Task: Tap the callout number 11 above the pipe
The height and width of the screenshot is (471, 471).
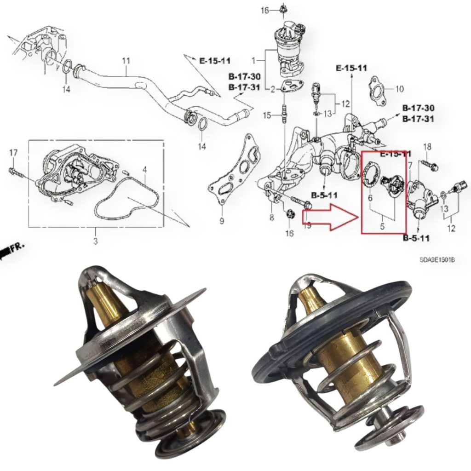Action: tap(126, 61)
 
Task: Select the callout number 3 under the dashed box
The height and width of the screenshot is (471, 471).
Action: tap(96, 241)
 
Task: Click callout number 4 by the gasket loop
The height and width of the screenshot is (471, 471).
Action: tap(144, 170)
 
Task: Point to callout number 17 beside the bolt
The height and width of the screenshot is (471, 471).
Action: tap(13, 152)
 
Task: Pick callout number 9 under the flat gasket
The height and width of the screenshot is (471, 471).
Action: tap(221, 221)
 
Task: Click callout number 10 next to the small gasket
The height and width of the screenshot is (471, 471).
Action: tap(399, 89)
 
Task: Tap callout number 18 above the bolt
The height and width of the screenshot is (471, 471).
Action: tap(427, 147)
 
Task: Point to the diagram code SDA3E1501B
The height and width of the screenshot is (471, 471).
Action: tap(437, 259)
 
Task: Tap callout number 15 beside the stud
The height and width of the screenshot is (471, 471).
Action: tap(267, 115)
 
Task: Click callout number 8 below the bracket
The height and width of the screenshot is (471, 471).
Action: tap(271, 218)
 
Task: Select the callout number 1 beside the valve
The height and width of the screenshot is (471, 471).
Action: tap(253, 60)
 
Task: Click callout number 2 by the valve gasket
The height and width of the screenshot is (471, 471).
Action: tap(272, 89)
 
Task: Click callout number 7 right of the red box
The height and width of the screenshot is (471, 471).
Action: tap(410, 165)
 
